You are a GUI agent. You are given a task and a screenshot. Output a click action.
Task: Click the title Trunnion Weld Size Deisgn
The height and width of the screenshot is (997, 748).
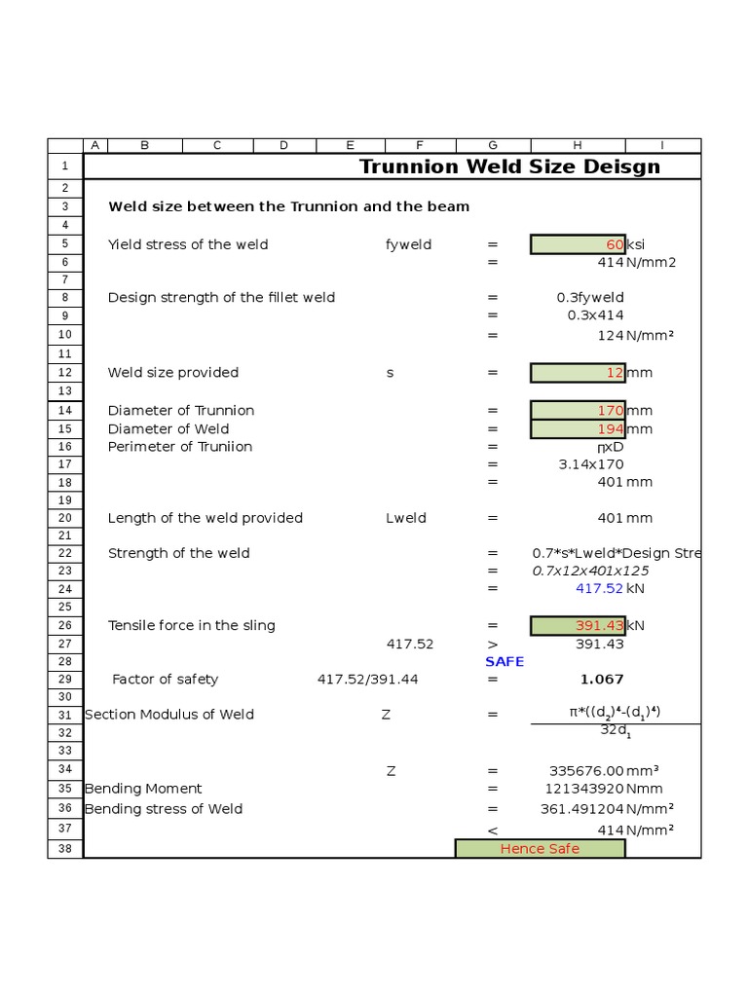click(x=509, y=166)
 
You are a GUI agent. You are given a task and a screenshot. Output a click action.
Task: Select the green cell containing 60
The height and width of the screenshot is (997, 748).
click(x=578, y=244)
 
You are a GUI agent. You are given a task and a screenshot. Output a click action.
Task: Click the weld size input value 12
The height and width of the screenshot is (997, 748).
click(x=578, y=373)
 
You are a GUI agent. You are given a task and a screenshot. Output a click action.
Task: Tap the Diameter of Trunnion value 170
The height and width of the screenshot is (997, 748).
click(x=578, y=411)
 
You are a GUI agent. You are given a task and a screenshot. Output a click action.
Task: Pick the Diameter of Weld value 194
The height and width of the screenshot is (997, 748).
click(x=578, y=428)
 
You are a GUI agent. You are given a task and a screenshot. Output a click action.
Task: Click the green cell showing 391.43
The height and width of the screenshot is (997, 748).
click(x=578, y=625)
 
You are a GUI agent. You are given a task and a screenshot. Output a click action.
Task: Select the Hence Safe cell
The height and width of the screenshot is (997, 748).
click(x=540, y=849)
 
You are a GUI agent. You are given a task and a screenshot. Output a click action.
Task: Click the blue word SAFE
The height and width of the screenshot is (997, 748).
click(x=505, y=661)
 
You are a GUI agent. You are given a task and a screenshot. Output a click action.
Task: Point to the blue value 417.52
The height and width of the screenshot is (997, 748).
click(x=599, y=588)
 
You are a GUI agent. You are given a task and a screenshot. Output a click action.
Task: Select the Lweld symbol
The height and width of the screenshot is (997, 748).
click(x=406, y=518)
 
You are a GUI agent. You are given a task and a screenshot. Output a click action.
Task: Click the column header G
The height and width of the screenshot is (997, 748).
click(x=493, y=145)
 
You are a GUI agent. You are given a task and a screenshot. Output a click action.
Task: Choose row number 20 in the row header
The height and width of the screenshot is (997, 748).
click(x=65, y=518)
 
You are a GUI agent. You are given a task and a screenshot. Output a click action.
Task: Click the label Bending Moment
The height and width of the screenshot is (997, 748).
click(x=143, y=789)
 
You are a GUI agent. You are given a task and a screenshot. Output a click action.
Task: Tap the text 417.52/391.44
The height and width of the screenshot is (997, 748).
click(x=367, y=679)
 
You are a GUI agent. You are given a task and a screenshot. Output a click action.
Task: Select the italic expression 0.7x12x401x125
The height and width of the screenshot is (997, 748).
click(x=590, y=571)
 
